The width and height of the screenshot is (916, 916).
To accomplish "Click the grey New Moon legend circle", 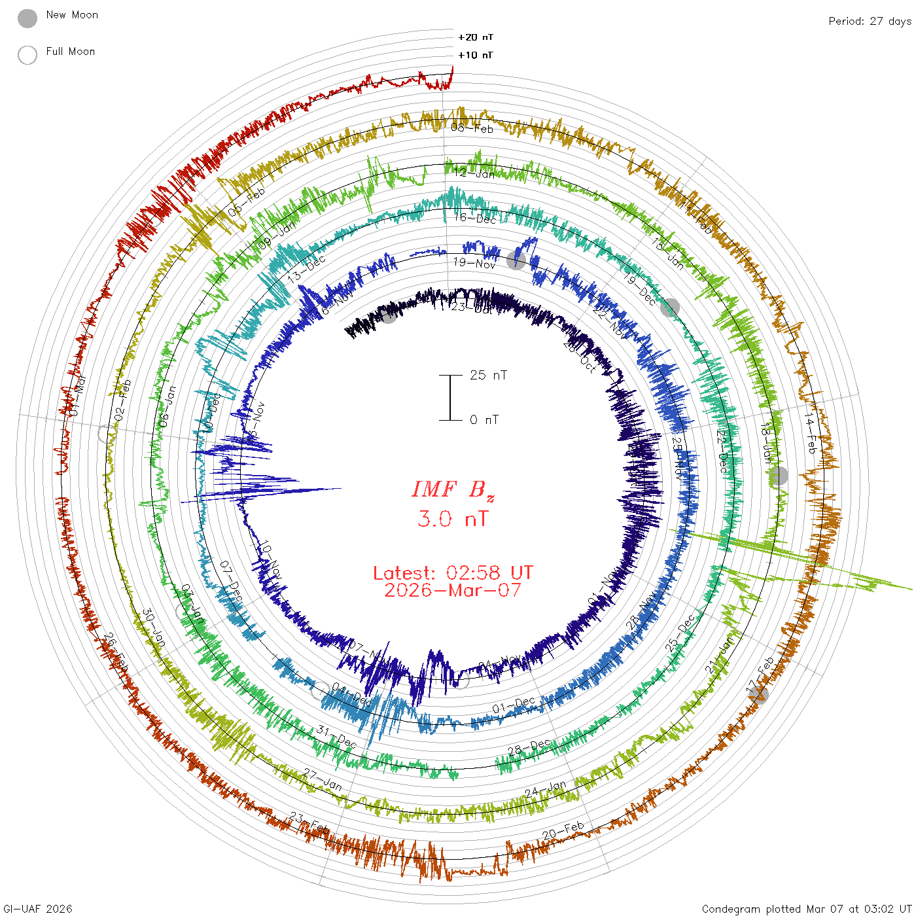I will coord(27,18).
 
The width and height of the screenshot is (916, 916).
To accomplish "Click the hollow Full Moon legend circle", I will coord(27,55).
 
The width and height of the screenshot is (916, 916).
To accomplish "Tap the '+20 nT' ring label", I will coord(476,37).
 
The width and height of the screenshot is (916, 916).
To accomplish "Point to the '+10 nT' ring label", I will coord(476,55).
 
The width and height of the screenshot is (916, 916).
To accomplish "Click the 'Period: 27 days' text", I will coord(870,21).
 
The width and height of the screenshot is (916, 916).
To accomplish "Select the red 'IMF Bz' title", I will coord(453,489).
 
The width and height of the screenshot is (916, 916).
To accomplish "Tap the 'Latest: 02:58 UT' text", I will coord(453,573).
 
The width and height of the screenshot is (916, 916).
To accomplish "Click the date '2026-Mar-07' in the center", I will coord(453,590).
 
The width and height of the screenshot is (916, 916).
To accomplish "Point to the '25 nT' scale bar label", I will coord(488,375).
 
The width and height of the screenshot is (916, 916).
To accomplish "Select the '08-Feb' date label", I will coord(472,128).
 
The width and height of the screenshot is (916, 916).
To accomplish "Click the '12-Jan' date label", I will coord(474,173).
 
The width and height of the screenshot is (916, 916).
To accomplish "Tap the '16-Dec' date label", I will coord(475,218).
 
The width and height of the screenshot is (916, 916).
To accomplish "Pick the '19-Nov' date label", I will coord(474,263).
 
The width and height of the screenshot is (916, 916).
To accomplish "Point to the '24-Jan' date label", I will coord(546,789).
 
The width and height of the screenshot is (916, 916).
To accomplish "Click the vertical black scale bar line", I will coord(450,397).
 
